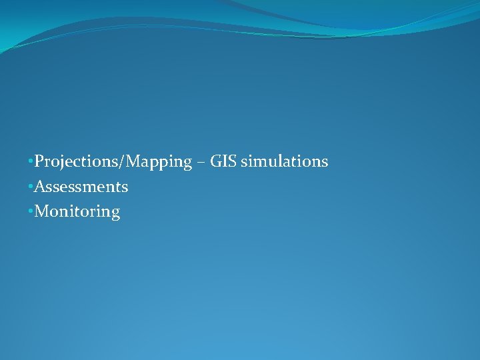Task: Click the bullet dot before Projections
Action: coord(31,162)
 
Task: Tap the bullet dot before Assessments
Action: coord(31,187)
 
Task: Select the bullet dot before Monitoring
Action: coord(31,213)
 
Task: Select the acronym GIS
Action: coord(223,161)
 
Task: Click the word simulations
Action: coord(285,161)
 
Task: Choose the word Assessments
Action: coord(81,187)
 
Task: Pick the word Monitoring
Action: coord(77,212)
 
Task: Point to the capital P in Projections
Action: coord(39,161)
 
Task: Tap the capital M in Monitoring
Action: coord(42,212)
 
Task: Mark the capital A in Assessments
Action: coord(40,187)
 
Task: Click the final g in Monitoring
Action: coord(115,214)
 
